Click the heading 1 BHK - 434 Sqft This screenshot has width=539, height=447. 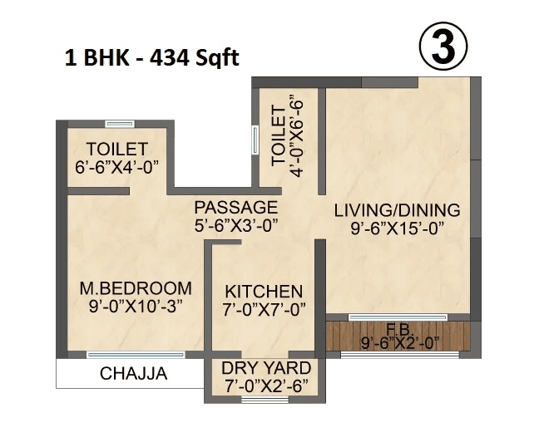pyautogui.click(x=151, y=59)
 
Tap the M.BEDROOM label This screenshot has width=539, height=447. pyautogui.click(x=135, y=288)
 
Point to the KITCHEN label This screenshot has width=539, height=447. pyautogui.click(x=264, y=292)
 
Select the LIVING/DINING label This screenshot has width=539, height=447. pyautogui.click(x=397, y=209)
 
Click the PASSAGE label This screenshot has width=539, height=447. pyautogui.click(x=235, y=207)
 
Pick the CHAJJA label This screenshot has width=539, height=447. pyautogui.click(x=133, y=374)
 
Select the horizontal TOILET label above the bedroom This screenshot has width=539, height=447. pyautogui.click(x=117, y=149)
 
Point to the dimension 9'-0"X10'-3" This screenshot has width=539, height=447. pyautogui.click(x=135, y=306)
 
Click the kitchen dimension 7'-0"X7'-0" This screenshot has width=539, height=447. pyautogui.click(x=264, y=309)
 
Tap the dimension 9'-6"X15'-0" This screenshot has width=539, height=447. pyautogui.click(x=397, y=227)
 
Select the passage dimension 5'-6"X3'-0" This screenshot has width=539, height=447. pyautogui.click(x=235, y=224)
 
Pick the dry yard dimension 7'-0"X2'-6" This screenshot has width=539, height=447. pyautogui.click(x=266, y=386)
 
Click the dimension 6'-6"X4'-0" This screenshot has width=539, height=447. pyautogui.click(x=117, y=165)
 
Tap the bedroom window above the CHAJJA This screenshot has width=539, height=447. pyautogui.click(x=134, y=355)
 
